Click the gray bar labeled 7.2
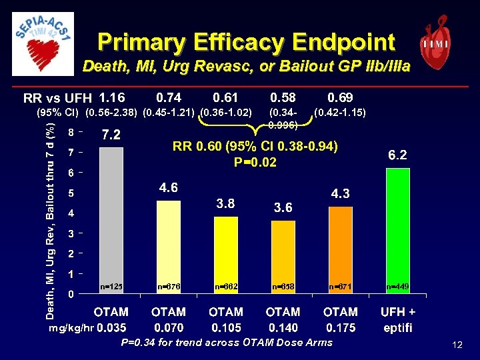tap(111, 220)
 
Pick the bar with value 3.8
tap(225, 254)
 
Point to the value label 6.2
tap(398, 155)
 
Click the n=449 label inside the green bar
tap(397, 286)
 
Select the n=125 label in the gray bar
tap(111, 286)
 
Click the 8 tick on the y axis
tap(71, 132)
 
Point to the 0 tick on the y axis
tap(71, 294)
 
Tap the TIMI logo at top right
tap(434, 41)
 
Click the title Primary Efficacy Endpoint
tap(246, 42)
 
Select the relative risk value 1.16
tap(111, 98)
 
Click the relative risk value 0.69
tap(340, 98)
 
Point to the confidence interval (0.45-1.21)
tap(169, 112)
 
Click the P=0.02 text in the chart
tap(255, 162)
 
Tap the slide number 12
tap(457, 345)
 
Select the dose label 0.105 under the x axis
tap(225, 327)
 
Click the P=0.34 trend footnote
tap(226, 343)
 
